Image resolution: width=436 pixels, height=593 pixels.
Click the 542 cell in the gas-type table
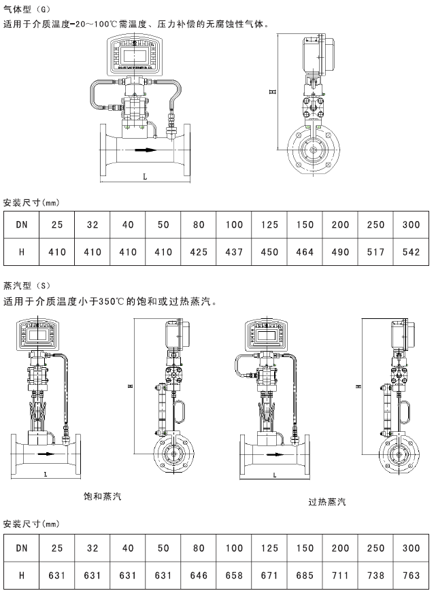point(411,252)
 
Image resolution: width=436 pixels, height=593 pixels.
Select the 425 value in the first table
point(199,252)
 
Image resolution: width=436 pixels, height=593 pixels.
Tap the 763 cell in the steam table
point(411,575)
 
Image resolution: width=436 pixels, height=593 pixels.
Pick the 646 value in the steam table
point(199,575)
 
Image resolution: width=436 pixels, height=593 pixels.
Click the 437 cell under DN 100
point(234,252)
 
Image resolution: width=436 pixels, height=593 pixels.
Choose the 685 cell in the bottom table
point(305,575)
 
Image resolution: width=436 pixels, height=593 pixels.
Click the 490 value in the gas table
point(340,252)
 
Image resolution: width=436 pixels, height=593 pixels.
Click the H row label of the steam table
point(22,575)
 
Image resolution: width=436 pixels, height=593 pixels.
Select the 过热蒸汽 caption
point(326,503)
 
